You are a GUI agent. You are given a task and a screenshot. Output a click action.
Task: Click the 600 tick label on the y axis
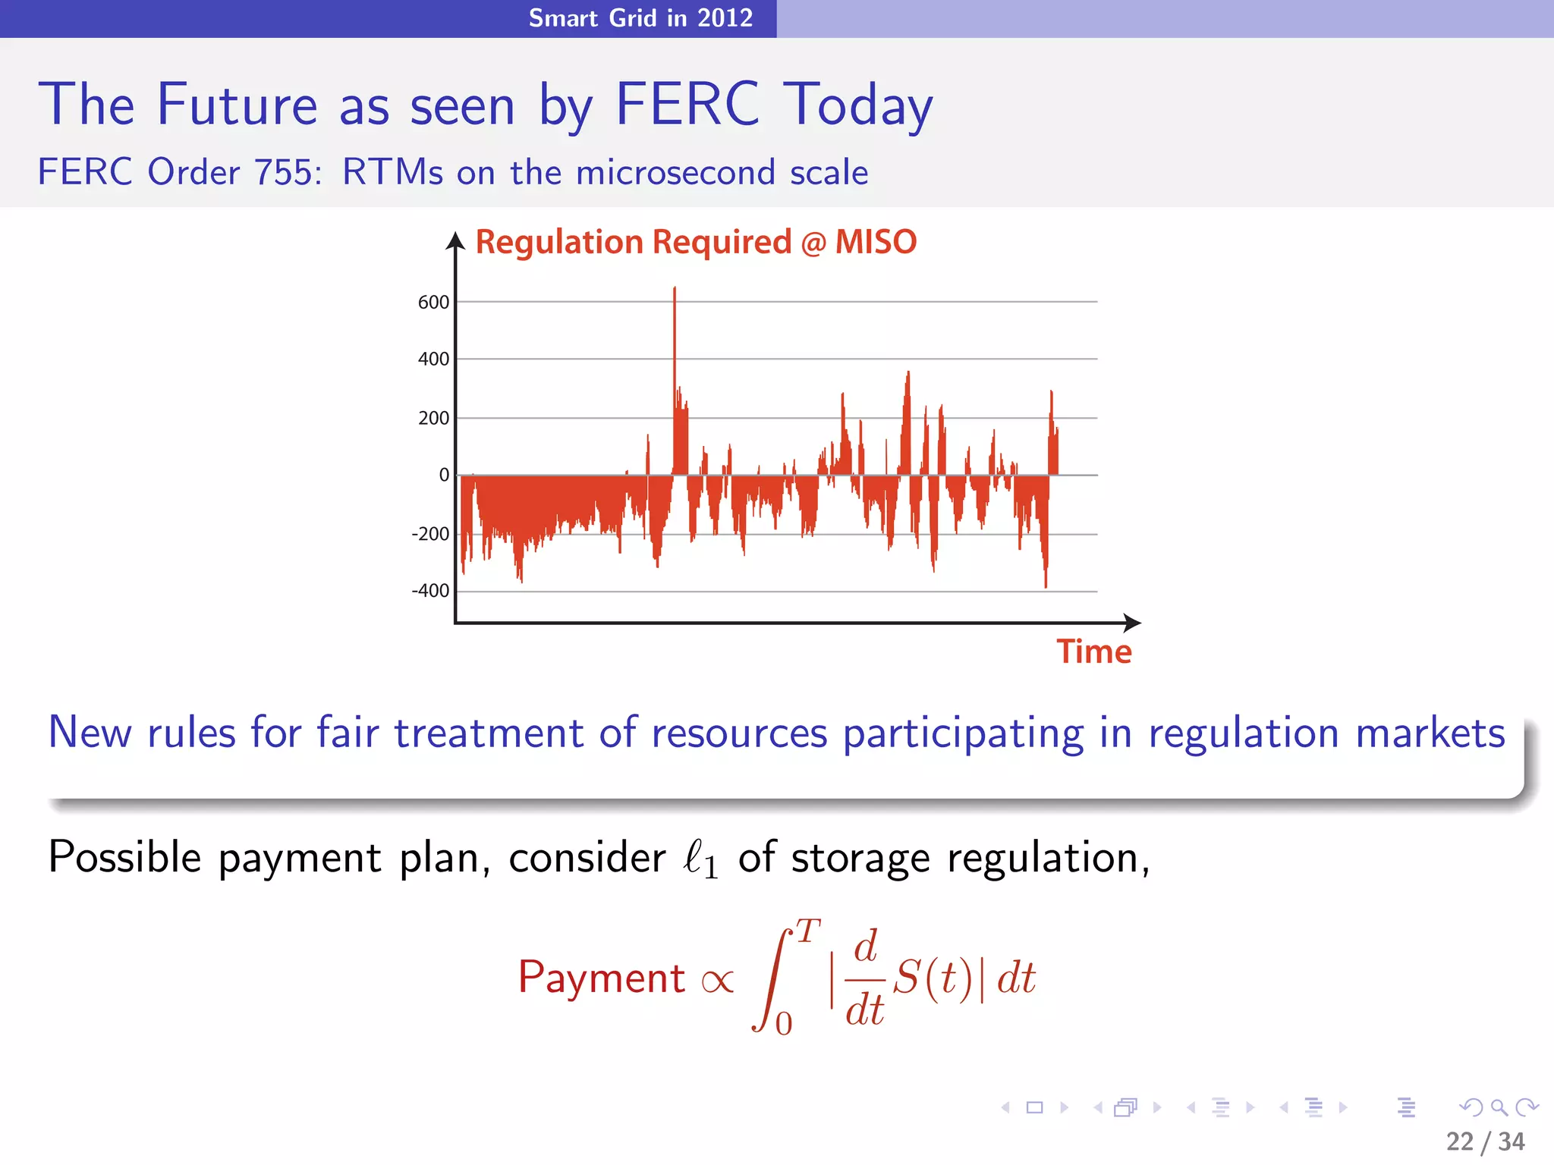coord(433,303)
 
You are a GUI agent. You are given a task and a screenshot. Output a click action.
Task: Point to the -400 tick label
coord(430,591)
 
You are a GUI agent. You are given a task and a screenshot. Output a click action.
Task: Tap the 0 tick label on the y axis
coord(444,475)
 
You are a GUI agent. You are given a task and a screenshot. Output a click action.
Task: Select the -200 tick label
coord(430,534)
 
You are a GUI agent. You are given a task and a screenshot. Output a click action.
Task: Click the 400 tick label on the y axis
coord(433,359)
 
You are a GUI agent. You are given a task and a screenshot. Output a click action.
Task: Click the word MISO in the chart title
coord(876,243)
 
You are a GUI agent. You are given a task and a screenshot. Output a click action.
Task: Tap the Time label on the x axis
coord(1093,652)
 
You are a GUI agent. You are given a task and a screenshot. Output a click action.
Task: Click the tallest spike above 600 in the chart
coord(675,292)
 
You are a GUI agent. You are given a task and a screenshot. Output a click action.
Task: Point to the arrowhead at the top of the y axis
coord(455,241)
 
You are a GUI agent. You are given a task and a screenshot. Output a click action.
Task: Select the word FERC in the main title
coord(687,105)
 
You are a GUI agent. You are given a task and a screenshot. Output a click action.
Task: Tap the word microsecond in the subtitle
coord(676,173)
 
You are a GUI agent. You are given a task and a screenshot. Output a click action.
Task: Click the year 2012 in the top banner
coord(725,18)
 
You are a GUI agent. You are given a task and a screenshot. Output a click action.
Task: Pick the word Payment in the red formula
coord(601,978)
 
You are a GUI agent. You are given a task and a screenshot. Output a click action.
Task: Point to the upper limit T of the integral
coord(808,931)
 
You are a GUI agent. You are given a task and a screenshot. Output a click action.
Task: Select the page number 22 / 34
coord(1485,1141)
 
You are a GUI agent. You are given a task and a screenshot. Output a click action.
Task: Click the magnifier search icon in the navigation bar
coord(1499,1107)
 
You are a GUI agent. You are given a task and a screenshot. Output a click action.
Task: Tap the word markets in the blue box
coord(1430,733)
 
